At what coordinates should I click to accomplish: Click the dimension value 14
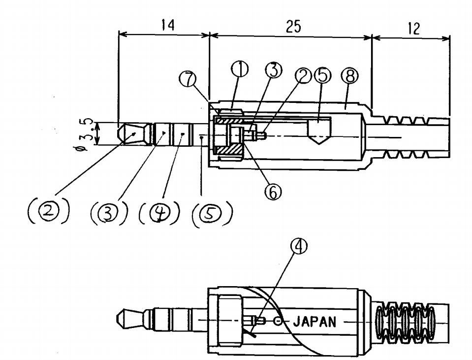click(x=168, y=26)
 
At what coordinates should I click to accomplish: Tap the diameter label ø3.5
click(x=85, y=133)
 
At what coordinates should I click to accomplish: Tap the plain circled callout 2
click(x=302, y=75)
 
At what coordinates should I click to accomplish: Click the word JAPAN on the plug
click(x=315, y=323)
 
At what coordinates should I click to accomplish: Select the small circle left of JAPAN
click(x=279, y=322)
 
